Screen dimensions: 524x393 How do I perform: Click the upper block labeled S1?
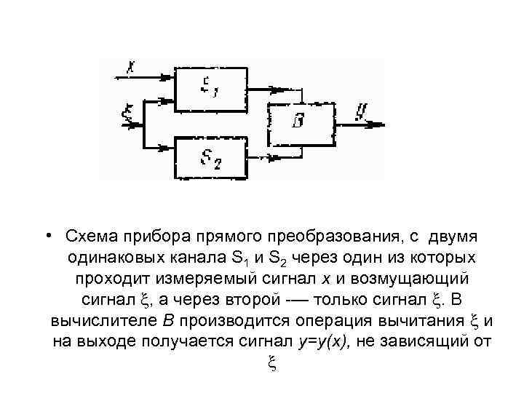211,89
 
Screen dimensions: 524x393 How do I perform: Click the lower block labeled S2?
211,158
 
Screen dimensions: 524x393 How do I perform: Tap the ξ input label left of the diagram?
128,114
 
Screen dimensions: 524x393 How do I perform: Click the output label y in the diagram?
361,112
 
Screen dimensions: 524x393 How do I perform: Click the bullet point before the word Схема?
46,237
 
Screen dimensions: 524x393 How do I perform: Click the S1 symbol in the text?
240,258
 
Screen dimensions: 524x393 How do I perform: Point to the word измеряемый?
194,279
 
